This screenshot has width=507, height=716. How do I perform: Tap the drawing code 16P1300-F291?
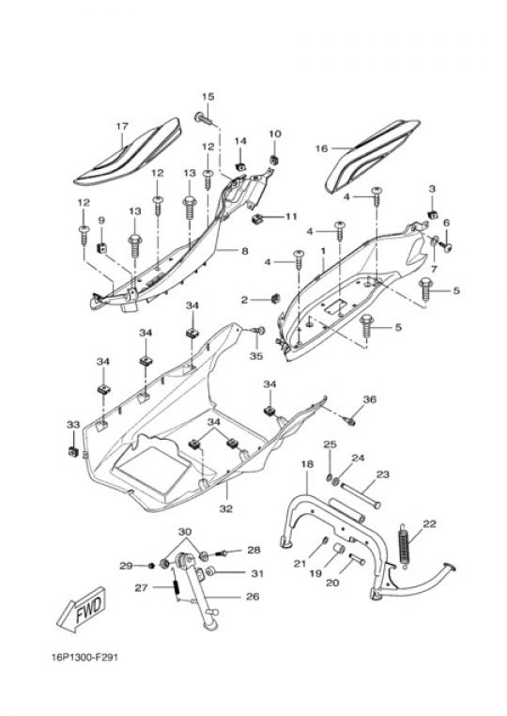pos(84,658)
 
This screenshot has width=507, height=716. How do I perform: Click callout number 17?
pos(122,126)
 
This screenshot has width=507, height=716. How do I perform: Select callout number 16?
pos(321,148)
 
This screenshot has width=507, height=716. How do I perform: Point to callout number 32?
pos(226,508)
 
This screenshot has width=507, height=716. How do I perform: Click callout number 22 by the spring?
pos(429,523)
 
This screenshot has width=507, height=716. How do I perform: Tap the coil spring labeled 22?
pos(405,546)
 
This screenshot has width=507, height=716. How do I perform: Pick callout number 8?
pos(245,250)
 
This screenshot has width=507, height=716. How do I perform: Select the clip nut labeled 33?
pos(73,452)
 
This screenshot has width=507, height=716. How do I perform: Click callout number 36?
pos(370,399)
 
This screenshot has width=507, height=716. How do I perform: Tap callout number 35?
pos(256,356)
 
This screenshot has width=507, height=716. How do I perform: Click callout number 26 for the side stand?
pos(253,597)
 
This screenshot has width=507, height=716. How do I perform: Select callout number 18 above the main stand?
pos(307,464)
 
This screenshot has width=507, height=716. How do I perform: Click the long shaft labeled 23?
pos(360,495)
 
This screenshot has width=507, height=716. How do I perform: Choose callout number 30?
pos(185,532)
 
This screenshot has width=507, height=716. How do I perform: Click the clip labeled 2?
pos(274,299)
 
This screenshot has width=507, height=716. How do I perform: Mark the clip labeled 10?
pos(274,160)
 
